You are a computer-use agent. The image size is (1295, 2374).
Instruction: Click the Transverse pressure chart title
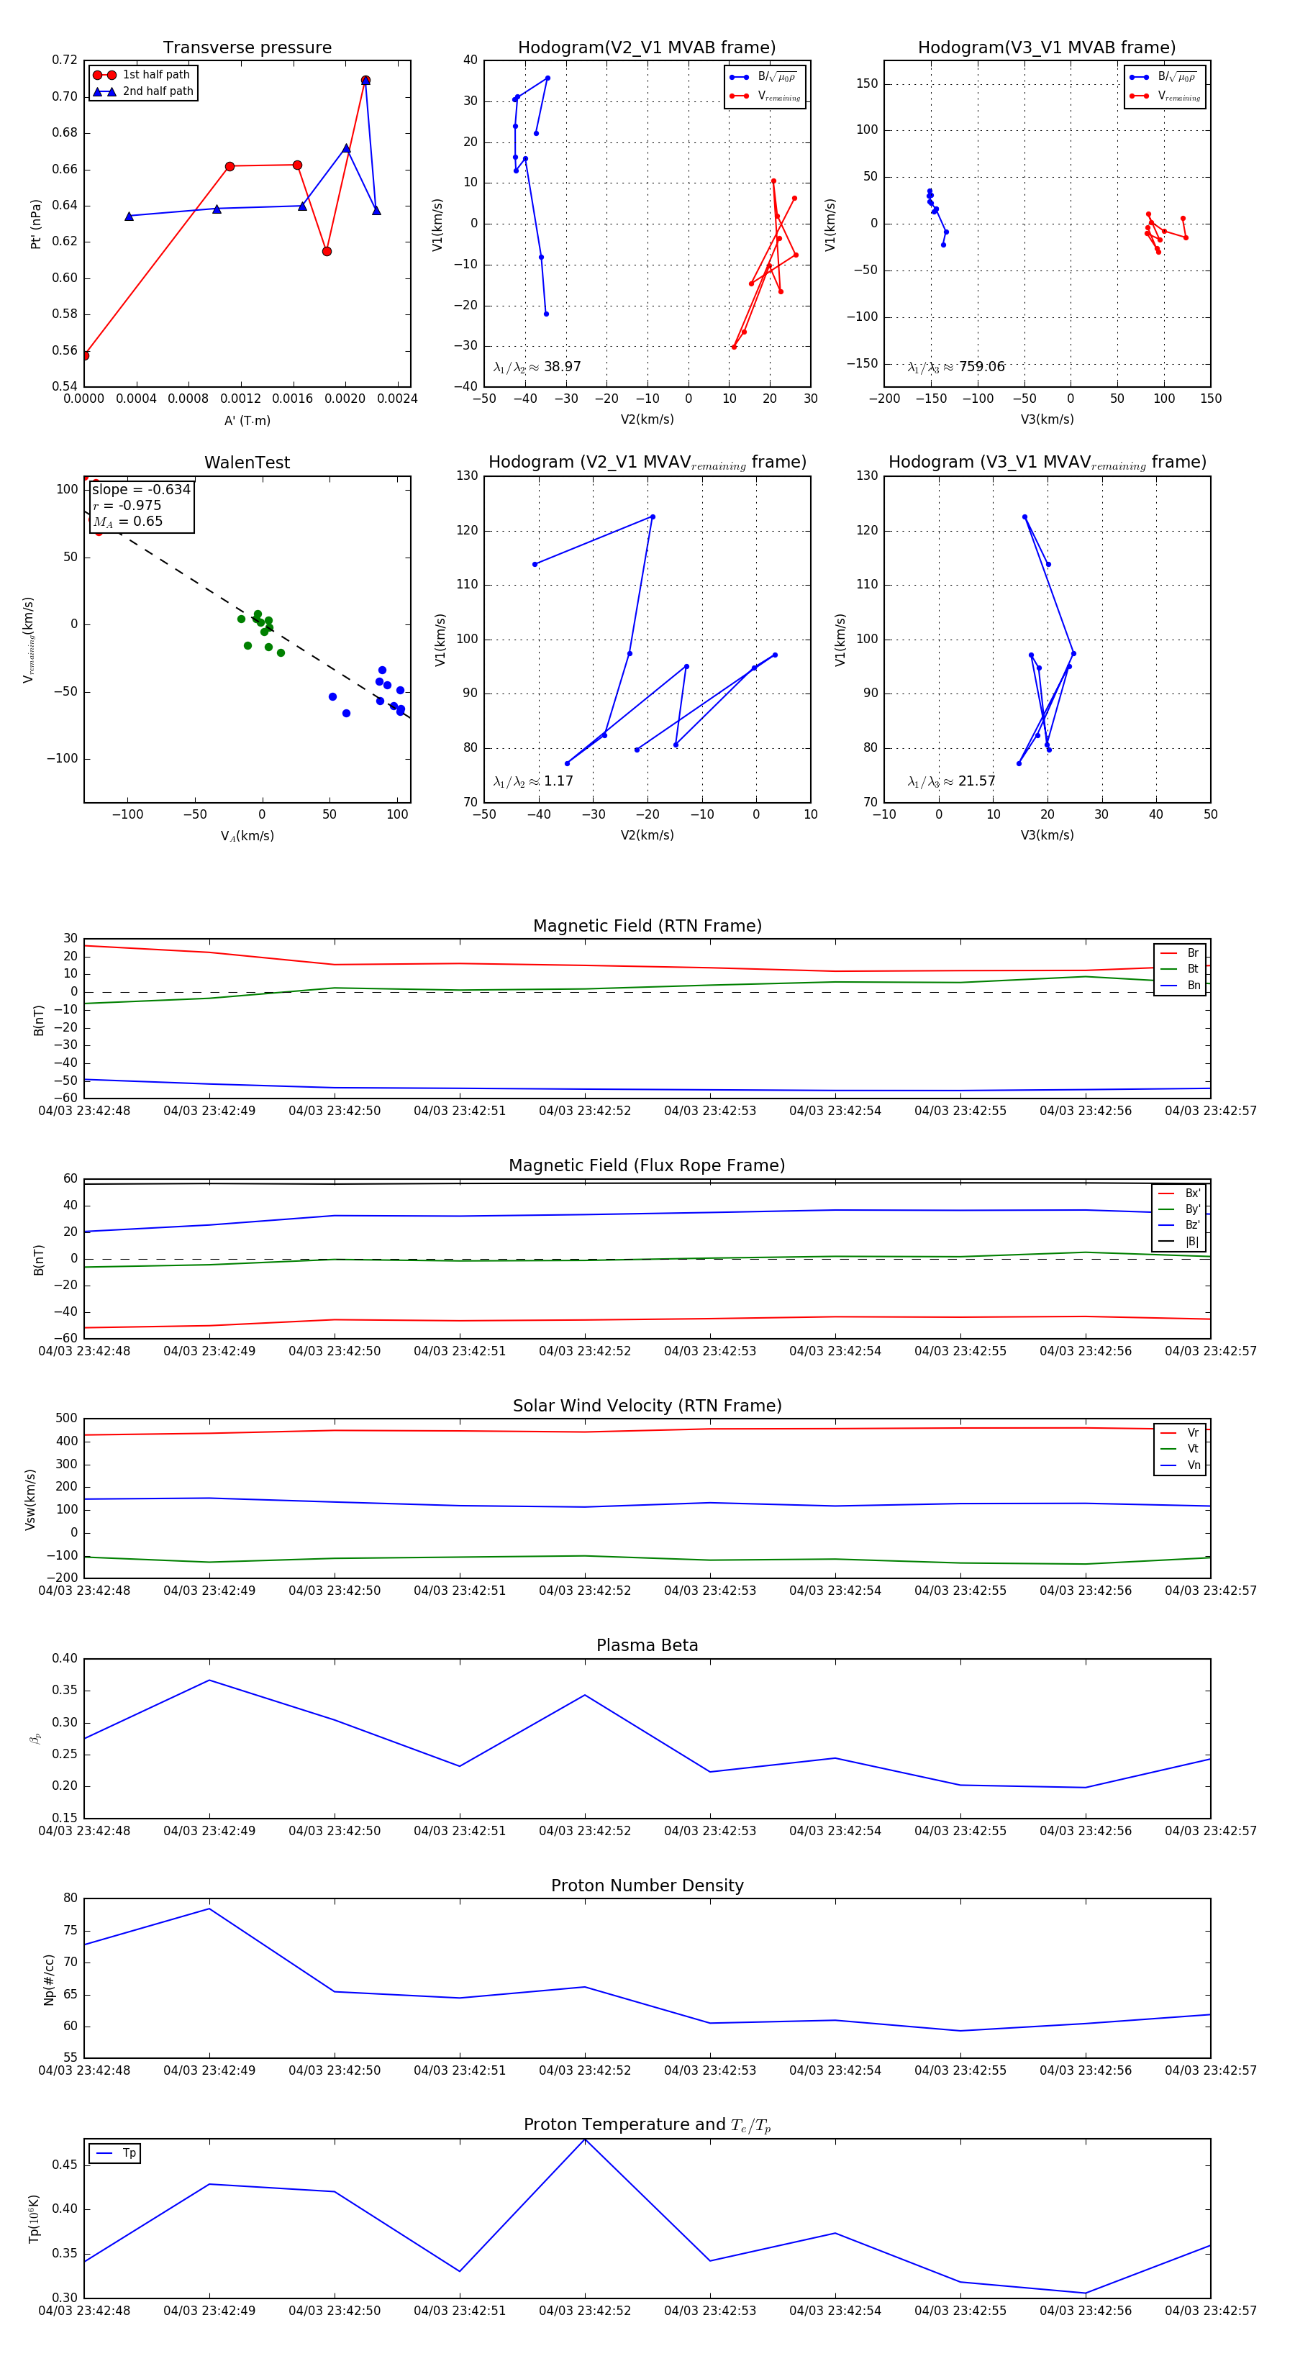(x=247, y=48)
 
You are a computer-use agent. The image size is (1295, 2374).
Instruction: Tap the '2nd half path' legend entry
(x=158, y=91)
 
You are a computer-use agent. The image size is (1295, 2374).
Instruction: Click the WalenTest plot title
(x=247, y=463)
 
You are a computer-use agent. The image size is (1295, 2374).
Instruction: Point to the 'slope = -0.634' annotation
(x=141, y=489)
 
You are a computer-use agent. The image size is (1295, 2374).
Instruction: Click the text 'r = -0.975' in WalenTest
(x=127, y=505)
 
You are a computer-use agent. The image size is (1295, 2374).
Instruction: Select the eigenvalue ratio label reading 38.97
(x=537, y=367)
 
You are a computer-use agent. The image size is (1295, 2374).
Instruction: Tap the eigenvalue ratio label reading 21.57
(x=951, y=781)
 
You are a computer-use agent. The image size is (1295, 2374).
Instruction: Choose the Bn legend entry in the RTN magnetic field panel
(x=1193, y=985)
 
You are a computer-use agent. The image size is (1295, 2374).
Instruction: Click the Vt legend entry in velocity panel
(x=1193, y=1449)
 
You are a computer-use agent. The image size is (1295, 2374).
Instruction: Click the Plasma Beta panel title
(x=647, y=1645)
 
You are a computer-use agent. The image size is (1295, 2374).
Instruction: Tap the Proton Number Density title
(x=647, y=1886)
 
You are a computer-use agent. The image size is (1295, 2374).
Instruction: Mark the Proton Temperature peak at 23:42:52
(x=584, y=2140)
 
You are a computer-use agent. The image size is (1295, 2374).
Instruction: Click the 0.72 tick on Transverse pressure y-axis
(x=65, y=60)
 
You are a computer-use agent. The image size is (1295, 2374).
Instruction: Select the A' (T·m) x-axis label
(x=247, y=420)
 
